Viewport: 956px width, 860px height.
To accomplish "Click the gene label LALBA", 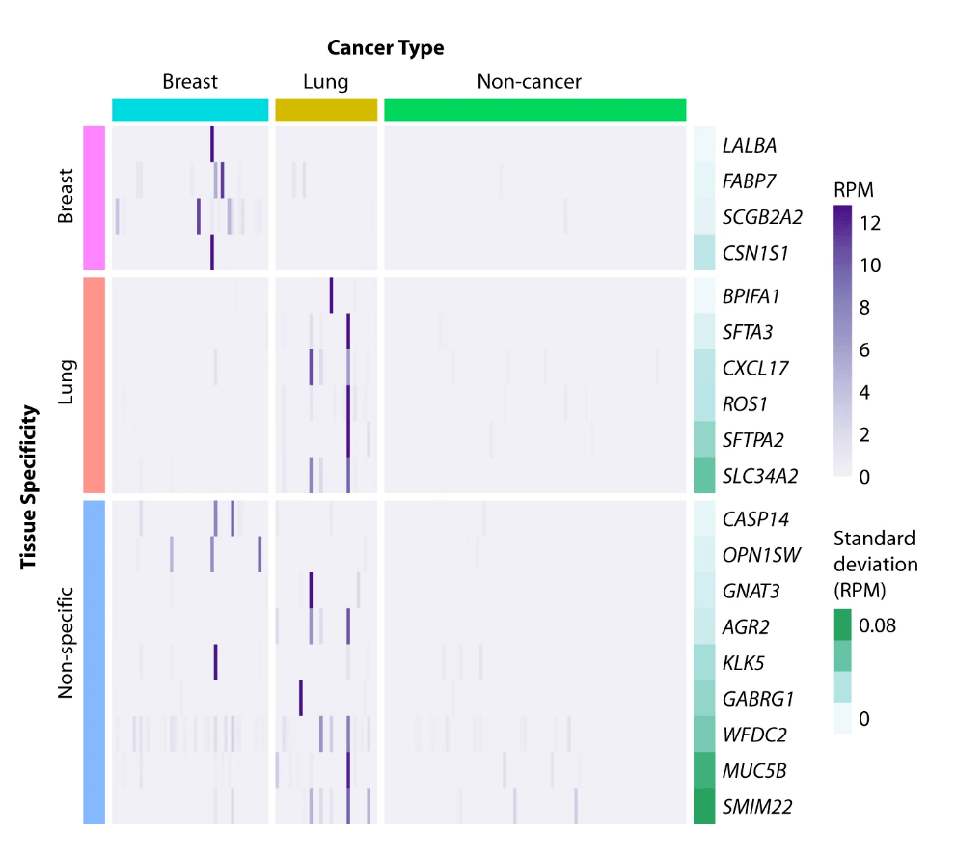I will [x=750, y=146].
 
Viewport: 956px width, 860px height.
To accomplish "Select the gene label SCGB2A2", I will [x=762, y=217].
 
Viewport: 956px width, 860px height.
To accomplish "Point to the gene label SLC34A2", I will [x=760, y=475].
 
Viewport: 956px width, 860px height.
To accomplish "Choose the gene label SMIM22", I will [x=757, y=806].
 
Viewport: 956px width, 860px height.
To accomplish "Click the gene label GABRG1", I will [x=756, y=698].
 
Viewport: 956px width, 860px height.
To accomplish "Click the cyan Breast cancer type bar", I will [x=190, y=110].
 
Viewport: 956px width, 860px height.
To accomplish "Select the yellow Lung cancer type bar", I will [x=326, y=110].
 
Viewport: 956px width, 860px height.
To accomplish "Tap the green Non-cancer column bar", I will [x=534, y=110].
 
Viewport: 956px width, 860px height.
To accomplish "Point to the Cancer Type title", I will [x=385, y=48].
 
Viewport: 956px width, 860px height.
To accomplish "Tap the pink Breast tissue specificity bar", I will [x=94, y=199].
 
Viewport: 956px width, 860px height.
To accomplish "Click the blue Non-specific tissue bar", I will [x=94, y=661].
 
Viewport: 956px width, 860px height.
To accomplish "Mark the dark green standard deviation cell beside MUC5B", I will [x=704, y=770].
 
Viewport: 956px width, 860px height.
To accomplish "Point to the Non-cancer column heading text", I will [x=529, y=82].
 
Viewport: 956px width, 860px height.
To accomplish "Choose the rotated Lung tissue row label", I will [x=66, y=383].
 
